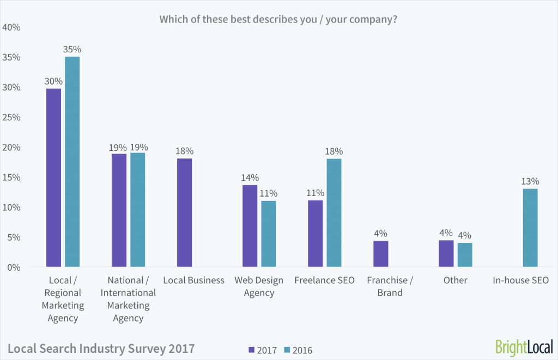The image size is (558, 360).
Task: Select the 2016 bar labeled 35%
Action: (x=72, y=162)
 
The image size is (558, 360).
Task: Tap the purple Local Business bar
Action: (x=184, y=213)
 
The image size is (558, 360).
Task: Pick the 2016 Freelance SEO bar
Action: (x=333, y=213)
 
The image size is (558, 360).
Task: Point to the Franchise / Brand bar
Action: (x=380, y=254)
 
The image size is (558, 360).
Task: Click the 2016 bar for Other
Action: (x=464, y=255)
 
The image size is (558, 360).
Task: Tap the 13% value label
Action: (x=530, y=181)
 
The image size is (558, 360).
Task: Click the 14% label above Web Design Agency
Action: (x=250, y=178)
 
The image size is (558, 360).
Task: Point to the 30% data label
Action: (x=53, y=81)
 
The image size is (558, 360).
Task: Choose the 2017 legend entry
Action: (x=263, y=350)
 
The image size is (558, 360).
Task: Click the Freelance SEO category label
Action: (x=324, y=280)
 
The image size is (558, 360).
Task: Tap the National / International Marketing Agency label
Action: (x=128, y=299)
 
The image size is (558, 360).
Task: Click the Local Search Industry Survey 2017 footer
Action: (x=101, y=347)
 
